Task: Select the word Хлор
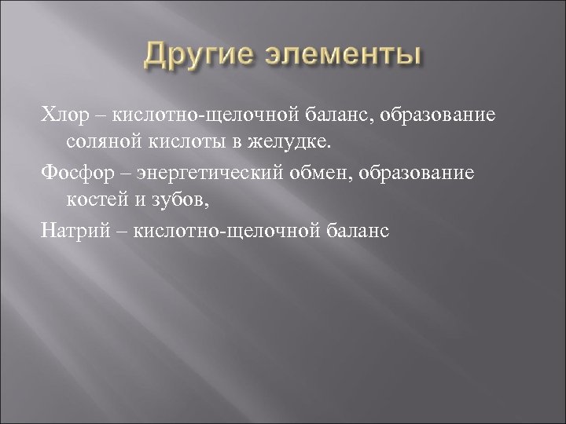[61, 117]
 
